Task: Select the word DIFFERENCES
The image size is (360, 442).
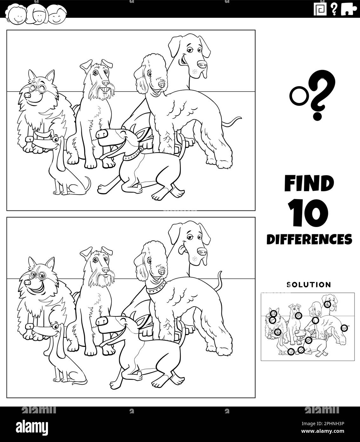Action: coord(309,238)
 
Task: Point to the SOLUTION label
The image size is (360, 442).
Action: coord(309,284)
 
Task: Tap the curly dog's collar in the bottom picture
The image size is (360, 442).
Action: coord(157,290)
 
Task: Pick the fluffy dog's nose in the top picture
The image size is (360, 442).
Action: coord(28,94)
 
